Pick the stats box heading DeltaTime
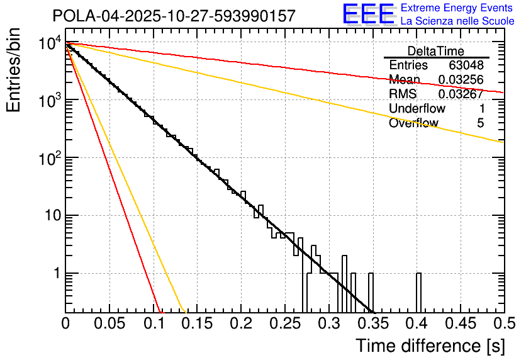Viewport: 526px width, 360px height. click(436, 51)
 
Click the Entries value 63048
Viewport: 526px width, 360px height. click(466, 65)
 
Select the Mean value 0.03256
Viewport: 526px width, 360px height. click(461, 80)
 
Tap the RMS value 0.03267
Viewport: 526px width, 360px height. click(461, 94)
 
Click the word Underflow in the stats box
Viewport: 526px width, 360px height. click(417, 109)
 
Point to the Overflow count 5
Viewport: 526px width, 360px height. click(480, 123)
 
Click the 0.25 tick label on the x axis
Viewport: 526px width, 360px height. click(284, 324)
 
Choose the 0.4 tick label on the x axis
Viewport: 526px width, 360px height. click(417, 324)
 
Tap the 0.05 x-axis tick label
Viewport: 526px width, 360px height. click(109, 324)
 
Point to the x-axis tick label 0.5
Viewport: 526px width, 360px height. click(503, 324)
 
